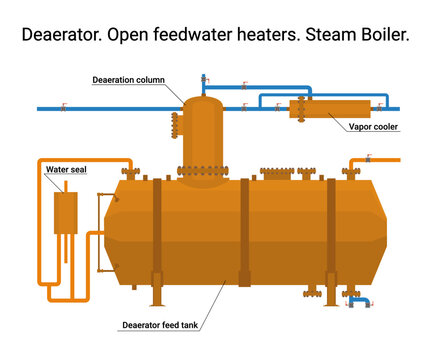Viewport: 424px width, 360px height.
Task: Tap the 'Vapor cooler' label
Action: [x=372, y=127]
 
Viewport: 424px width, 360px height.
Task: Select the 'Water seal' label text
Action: [x=67, y=170]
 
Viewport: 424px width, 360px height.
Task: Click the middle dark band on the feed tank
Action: [x=244, y=230]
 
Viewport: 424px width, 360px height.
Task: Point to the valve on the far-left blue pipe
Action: [x=62, y=107]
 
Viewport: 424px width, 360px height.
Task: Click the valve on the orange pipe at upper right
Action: [x=369, y=158]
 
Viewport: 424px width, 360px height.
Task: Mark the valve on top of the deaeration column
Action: [x=204, y=79]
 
